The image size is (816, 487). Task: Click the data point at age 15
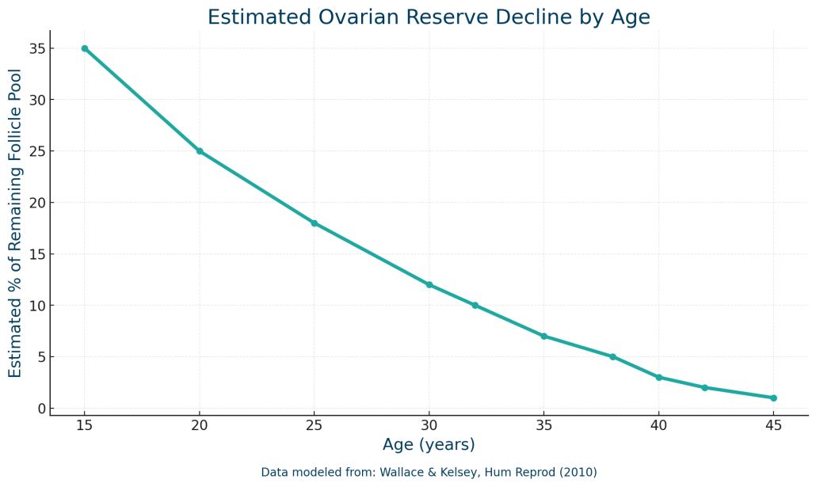click(85, 48)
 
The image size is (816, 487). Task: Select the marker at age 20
click(200, 151)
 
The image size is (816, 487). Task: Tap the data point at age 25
click(315, 223)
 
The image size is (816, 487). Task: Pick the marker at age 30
click(429, 285)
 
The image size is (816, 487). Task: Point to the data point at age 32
click(475, 305)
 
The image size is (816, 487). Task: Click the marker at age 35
click(544, 336)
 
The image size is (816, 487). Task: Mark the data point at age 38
click(613, 356)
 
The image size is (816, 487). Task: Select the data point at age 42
click(705, 387)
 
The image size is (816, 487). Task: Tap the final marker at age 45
click(774, 398)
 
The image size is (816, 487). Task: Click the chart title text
click(429, 17)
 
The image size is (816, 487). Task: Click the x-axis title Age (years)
click(429, 445)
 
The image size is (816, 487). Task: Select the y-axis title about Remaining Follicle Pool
click(16, 223)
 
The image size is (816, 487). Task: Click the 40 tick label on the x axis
click(659, 425)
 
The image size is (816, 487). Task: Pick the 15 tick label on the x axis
click(85, 425)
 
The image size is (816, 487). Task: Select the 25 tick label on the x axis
click(315, 425)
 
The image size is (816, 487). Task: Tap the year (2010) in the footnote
click(577, 473)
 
